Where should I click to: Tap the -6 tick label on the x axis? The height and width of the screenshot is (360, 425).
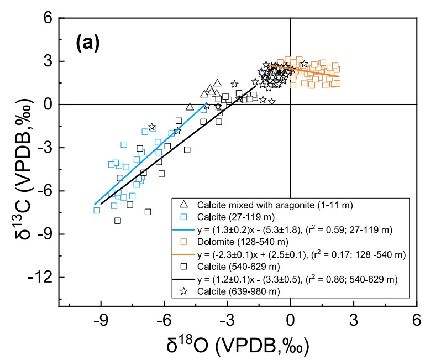[164, 319]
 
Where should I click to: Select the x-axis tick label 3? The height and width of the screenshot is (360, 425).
[354, 319]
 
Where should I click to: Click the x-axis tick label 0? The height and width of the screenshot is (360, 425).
[291, 319]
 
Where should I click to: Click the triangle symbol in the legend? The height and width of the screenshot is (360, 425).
[183, 205]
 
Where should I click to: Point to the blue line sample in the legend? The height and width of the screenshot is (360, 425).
[183, 229]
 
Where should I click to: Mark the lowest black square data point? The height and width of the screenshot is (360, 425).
[118, 221]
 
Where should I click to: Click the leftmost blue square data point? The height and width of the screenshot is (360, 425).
[97, 210]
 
